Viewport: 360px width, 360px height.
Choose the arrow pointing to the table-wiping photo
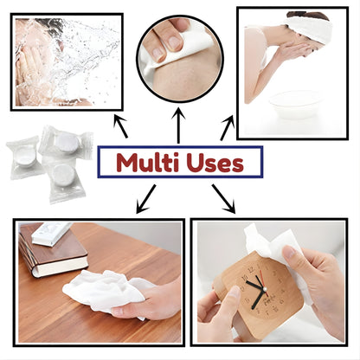click(x=146, y=202)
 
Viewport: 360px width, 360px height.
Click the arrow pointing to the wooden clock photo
click(x=224, y=200)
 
